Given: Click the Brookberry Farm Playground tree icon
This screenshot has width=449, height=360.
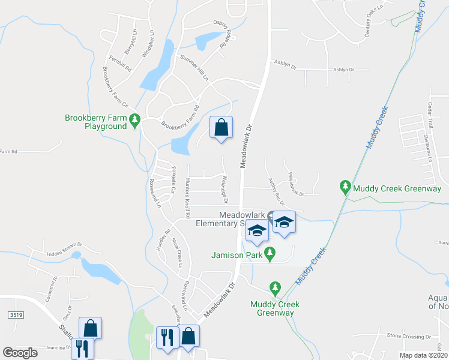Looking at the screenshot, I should coord(135,121).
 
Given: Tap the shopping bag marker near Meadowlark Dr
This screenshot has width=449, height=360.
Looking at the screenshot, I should coord(221,127).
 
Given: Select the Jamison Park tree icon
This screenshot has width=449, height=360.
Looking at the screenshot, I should coord(270,254).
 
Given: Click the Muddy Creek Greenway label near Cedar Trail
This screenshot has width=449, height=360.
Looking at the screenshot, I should coord(397,188).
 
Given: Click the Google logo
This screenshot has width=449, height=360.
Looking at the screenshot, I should coord(20,353).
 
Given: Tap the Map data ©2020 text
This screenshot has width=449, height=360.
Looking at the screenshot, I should coord(423,355).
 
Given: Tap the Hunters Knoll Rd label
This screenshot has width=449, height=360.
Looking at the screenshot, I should coord(187,198).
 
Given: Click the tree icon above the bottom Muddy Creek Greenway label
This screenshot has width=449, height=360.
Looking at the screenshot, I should coord(276,289).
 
